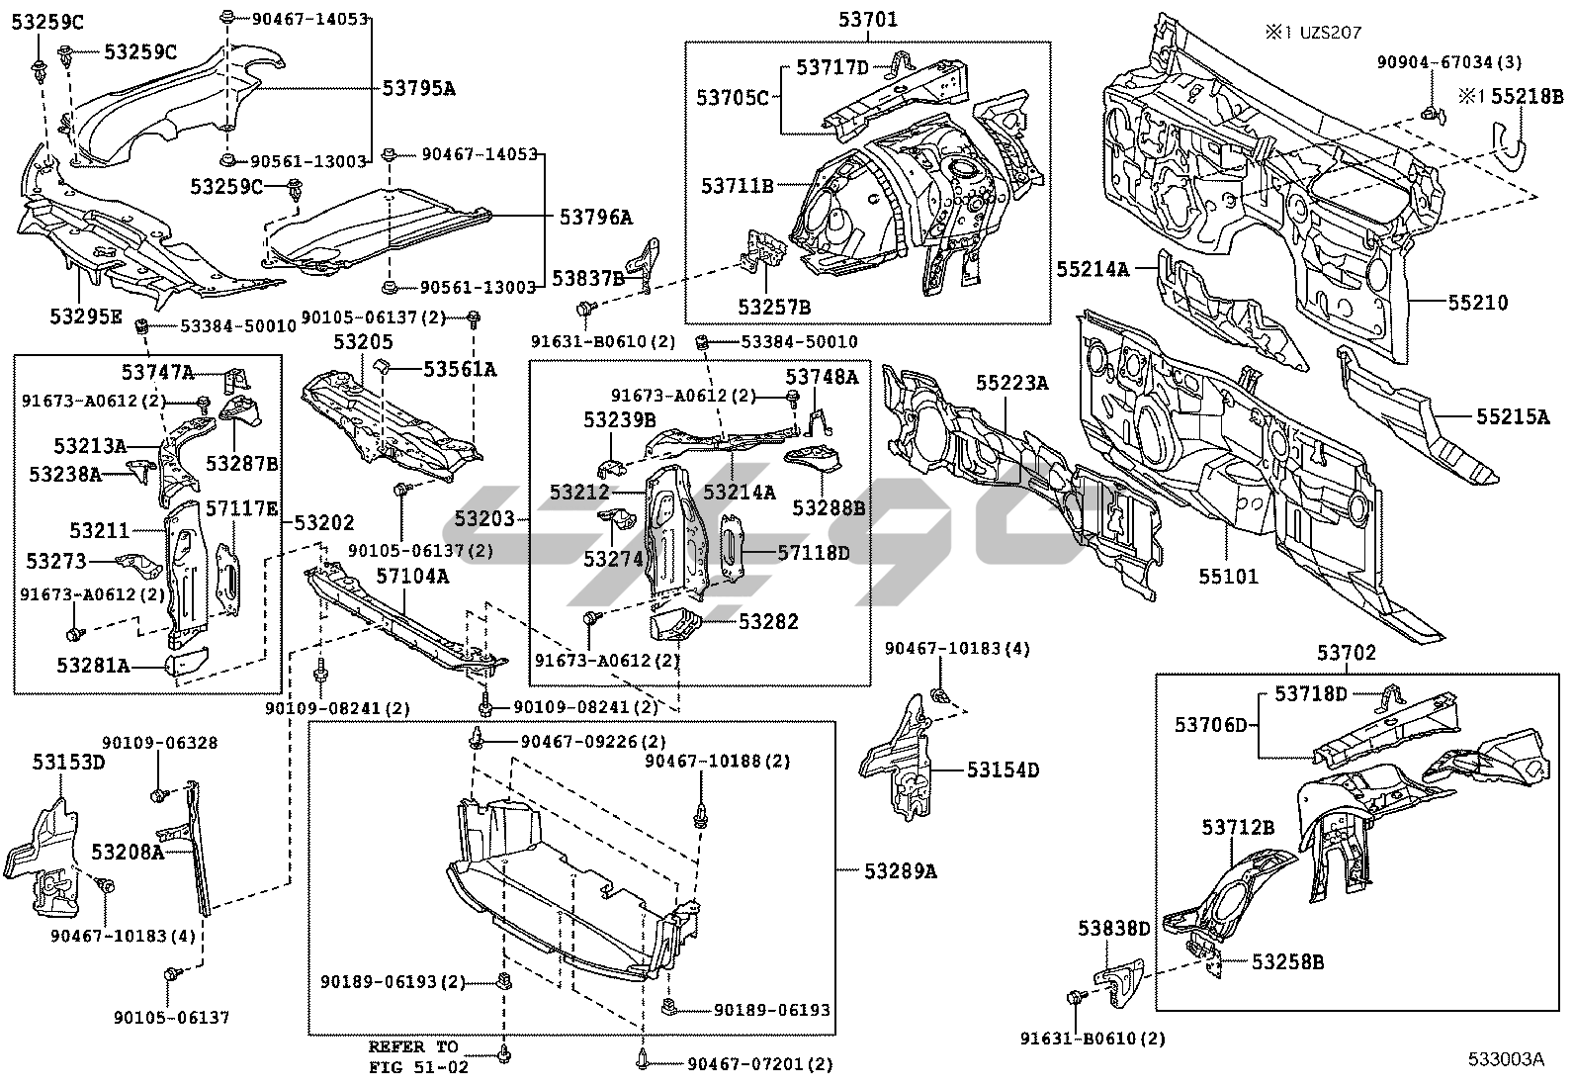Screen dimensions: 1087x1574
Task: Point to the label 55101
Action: tap(1229, 576)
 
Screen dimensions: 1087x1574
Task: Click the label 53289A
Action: tap(900, 870)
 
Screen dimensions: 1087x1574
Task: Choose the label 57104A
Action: tap(413, 576)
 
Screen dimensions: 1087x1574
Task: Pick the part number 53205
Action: tap(363, 342)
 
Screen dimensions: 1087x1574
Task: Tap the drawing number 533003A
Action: tap(1504, 1059)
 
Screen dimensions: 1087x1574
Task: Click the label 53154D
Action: tap(1003, 770)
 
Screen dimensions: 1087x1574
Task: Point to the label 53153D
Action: tap(69, 762)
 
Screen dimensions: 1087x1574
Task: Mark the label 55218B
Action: tap(1527, 97)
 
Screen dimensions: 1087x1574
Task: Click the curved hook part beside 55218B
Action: tap(1509, 138)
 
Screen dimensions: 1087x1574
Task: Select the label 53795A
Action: tap(419, 88)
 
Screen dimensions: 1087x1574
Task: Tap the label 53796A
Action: tap(595, 217)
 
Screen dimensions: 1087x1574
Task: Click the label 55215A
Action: tap(1513, 417)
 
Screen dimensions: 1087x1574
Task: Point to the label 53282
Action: tap(768, 621)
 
